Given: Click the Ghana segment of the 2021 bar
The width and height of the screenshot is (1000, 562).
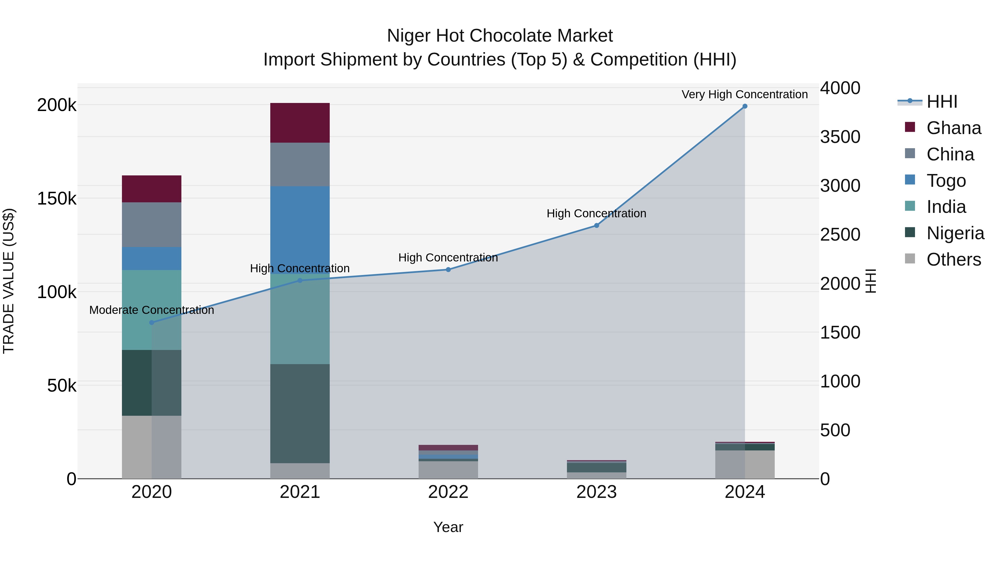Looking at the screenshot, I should tap(300, 123).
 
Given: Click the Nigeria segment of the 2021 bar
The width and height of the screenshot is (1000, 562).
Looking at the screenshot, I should tap(300, 413).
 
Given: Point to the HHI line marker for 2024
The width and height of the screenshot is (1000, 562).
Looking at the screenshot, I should tap(744, 106).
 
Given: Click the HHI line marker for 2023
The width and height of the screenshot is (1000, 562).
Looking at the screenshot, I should tap(597, 225).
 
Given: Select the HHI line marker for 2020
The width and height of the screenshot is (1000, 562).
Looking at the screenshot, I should tap(152, 322).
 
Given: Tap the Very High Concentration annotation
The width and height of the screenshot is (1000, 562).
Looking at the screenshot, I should tap(744, 94).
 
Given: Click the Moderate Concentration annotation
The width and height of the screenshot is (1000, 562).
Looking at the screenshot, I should tap(151, 310).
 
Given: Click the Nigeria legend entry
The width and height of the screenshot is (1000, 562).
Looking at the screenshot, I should tap(955, 233).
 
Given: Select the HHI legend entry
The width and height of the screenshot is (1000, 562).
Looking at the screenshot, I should tap(941, 102).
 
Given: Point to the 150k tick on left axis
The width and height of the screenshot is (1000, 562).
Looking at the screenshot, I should tap(57, 199).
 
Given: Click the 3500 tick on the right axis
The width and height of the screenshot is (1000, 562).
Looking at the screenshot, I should tap(840, 137).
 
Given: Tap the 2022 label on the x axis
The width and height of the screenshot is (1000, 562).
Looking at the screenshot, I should tap(448, 492).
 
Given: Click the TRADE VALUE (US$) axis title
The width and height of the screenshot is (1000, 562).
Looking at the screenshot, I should tap(9, 281).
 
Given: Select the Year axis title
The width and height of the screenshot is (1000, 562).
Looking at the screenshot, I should tap(448, 527).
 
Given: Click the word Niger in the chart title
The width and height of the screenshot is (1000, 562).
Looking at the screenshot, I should tap(409, 36).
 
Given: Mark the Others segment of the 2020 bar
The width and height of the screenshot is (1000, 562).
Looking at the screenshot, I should tap(151, 447).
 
